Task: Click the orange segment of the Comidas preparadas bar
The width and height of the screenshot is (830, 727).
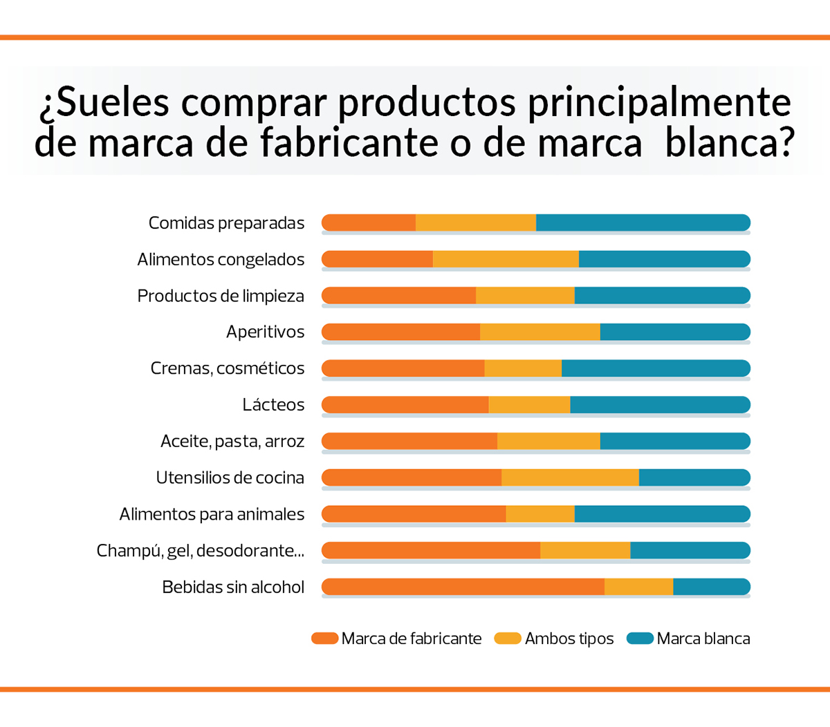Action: click(x=369, y=223)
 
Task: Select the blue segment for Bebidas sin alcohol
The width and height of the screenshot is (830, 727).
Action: click(x=711, y=587)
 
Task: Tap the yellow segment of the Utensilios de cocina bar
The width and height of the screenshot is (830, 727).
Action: click(x=570, y=478)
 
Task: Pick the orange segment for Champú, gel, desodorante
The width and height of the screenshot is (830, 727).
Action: click(x=431, y=550)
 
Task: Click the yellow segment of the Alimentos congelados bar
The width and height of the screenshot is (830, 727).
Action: click(x=506, y=259)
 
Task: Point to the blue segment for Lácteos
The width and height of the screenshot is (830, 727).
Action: click(x=660, y=404)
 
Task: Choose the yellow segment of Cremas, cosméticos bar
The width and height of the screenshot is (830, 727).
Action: click(x=523, y=368)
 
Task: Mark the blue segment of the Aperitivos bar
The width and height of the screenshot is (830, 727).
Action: click(x=675, y=332)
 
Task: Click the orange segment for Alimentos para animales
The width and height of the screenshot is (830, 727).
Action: click(x=414, y=513)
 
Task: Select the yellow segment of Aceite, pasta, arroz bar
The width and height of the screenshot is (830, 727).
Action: click(x=548, y=441)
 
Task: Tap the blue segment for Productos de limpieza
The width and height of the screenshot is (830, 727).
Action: click(x=662, y=295)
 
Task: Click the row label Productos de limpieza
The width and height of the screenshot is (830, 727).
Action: click(x=221, y=296)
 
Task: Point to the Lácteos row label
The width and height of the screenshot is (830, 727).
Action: click(x=273, y=405)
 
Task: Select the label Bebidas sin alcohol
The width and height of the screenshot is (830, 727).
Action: click(x=233, y=587)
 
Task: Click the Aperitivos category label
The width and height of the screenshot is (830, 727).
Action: click(x=265, y=332)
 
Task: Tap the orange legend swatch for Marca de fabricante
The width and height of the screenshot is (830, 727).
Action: click(x=324, y=639)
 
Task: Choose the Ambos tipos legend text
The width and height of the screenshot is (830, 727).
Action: click(x=569, y=639)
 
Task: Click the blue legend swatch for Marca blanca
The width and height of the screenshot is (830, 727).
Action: click(x=640, y=639)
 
